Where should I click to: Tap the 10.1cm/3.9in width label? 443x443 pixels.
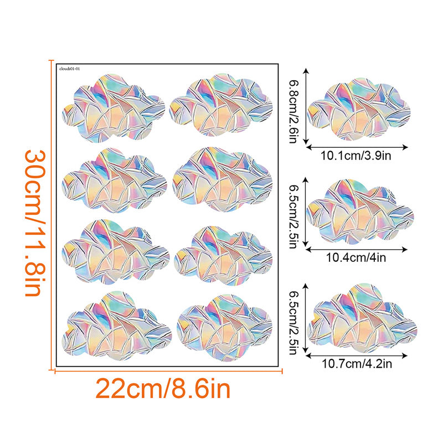tap(358, 157)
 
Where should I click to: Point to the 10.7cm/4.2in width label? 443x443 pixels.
tap(358, 364)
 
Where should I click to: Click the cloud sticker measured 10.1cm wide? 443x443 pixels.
tap(359, 110)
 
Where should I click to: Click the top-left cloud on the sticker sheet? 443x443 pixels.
tap(114, 106)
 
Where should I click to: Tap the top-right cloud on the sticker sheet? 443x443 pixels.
tap(221, 106)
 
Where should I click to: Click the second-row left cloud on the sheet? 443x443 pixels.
tap(114, 179)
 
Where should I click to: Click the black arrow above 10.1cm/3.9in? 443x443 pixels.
tap(358, 147)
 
